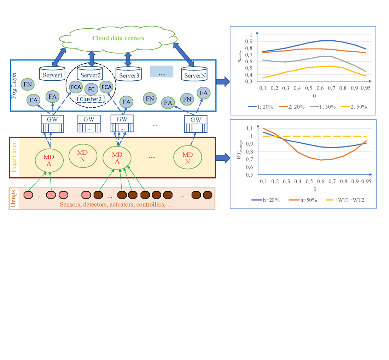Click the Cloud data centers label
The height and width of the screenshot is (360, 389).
coord(118,38)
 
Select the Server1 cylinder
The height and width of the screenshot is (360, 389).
coord(52,74)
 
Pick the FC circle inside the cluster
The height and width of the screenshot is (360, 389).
coord(91,90)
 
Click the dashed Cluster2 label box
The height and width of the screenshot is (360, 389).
coord(90,99)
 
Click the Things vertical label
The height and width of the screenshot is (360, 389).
coord(13,199)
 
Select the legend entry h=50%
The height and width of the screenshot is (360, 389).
coord(306,200)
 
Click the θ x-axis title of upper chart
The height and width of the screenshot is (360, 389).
coord(314,96)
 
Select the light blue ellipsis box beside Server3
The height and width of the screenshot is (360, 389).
coord(162,72)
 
